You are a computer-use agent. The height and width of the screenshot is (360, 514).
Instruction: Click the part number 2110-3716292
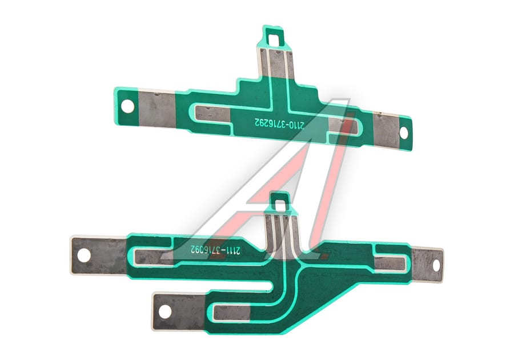click(279, 123)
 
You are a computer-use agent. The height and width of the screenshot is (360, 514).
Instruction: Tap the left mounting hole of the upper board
click(127, 106)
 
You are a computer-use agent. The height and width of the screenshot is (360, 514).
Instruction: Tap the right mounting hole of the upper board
click(404, 133)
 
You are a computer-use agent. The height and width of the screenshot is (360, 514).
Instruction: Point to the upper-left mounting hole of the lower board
click(84, 255)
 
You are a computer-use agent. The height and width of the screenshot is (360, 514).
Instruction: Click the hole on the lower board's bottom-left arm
click(165, 311)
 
